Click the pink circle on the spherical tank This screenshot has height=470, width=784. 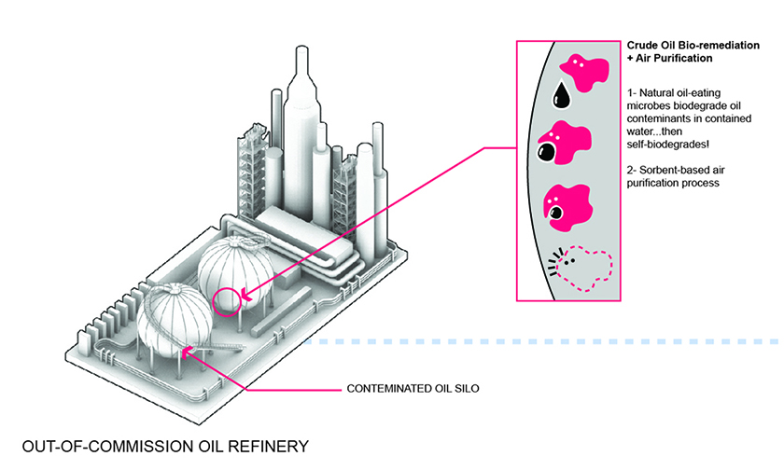pyautogui.click(x=214, y=303)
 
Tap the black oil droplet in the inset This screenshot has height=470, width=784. pyautogui.click(x=561, y=95)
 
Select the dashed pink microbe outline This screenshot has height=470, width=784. pyautogui.click(x=586, y=269)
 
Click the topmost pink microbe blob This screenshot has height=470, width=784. pyautogui.click(x=585, y=73)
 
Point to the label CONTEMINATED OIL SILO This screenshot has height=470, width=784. pyautogui.click(x=413, y=389)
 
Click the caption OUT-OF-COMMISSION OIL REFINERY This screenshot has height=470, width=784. pyautogui.click(x=165, y=446)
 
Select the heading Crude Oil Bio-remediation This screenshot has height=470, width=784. pyautogui.click(x=693, y=46)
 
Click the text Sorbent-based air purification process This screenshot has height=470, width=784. pyautogui.click(x=676, y=176)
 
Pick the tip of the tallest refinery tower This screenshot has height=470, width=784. pyautogui.click(x=301, y=48)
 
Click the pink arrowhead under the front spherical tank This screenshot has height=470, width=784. pyautogui.click(x=186, y=352)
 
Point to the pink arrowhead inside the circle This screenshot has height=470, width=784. pyautogui.click(x=245, y=296)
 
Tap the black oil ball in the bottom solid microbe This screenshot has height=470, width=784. pyautogui.click(x=555, y=214)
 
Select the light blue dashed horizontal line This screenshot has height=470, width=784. pyautogui.click(x=541, y=341)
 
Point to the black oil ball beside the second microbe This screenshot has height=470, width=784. pyautogui.click(x=547, y=152)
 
